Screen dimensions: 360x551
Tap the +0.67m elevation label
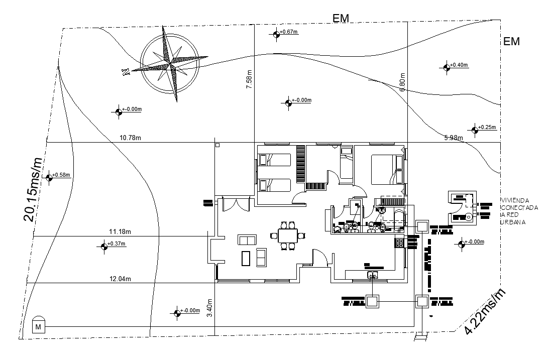(290, 32)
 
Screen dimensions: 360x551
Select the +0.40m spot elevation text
(459, 65)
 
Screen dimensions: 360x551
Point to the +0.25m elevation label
(487, 128)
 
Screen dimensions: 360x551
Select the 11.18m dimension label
(120, 232)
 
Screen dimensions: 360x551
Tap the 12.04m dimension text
(120, 279)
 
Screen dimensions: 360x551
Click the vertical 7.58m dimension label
(249, 80)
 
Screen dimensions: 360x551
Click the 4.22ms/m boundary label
(485, 312)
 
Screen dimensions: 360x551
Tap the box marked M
(38, 327)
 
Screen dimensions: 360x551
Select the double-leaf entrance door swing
(235, 205)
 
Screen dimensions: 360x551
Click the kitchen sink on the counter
(372, 274)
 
